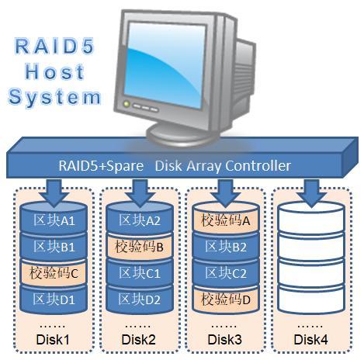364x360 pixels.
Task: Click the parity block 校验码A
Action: pyautogui.click(x=226, y=221)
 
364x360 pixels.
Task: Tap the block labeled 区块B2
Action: pyautogui.click(x=226, y=247)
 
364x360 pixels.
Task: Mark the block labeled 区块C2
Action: pyautogui.click(x=226, y=273)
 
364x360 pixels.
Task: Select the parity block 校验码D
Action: pyautogui.click(x=226, y=299)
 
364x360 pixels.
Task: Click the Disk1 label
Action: pyautogui.click(x=54, y=338)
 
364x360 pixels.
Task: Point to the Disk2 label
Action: pyautogui.click(x=140, y=338)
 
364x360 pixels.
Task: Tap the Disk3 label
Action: pyautogui.click(x=225, y=338)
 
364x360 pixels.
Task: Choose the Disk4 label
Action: pyautogui.click(x=311, y=338)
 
